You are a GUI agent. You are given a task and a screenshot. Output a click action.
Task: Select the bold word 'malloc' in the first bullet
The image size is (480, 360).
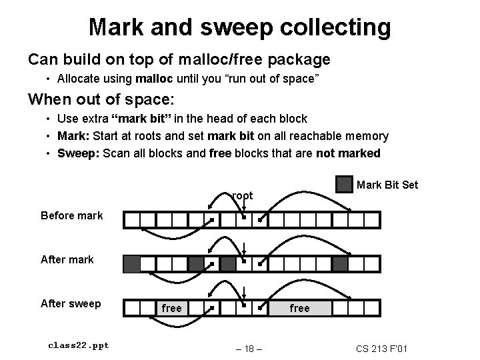click(154, 79)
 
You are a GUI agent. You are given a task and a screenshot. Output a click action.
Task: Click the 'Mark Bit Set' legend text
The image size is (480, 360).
click(387, 185)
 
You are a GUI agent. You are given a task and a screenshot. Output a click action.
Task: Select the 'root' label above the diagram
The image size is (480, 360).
click(243, 195)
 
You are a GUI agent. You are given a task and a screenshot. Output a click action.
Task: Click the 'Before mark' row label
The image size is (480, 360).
click(72, 215)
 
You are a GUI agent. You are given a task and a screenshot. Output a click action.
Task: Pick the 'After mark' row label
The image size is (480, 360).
click(67, 259)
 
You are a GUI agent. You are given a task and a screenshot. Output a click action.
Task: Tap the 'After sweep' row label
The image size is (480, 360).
click(71, 303)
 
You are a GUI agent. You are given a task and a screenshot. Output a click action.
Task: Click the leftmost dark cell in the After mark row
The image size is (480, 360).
click(132, 264)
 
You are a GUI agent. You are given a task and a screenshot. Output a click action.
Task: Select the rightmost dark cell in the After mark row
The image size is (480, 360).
click(340, 264)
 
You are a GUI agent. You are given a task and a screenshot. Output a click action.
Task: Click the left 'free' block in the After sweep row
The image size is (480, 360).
click(171, 308)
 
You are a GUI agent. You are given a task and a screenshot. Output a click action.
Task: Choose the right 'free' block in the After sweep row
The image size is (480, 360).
click(299, 308)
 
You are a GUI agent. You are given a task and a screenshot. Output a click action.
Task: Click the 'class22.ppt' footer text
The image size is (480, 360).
click(79, 345)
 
